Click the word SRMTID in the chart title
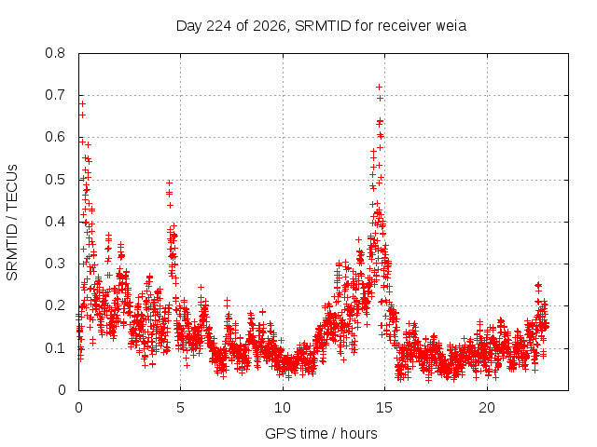(x=323, y=26)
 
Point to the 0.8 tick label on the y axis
(x=55, y=53)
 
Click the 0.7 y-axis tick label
(x=55, y=95)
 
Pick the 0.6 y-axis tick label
(x=55, y=137)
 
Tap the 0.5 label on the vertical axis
(x=55, y=180)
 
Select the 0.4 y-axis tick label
(x=55, y=222)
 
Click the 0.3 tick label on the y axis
(x=55, y=264)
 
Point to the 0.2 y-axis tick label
(x=55, y=305)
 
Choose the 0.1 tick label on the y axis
(x=55, y=347)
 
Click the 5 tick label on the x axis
(x=180, y=408)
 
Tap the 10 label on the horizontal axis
(x=283, y=408)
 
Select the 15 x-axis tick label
(x=384, y=408)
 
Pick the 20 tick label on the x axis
(x=487, y=408)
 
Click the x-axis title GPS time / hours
(x=321, y=434)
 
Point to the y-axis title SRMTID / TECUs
(x=12, y=223)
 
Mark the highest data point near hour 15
(x=380, y=87)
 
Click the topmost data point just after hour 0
(x=82, y=103)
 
